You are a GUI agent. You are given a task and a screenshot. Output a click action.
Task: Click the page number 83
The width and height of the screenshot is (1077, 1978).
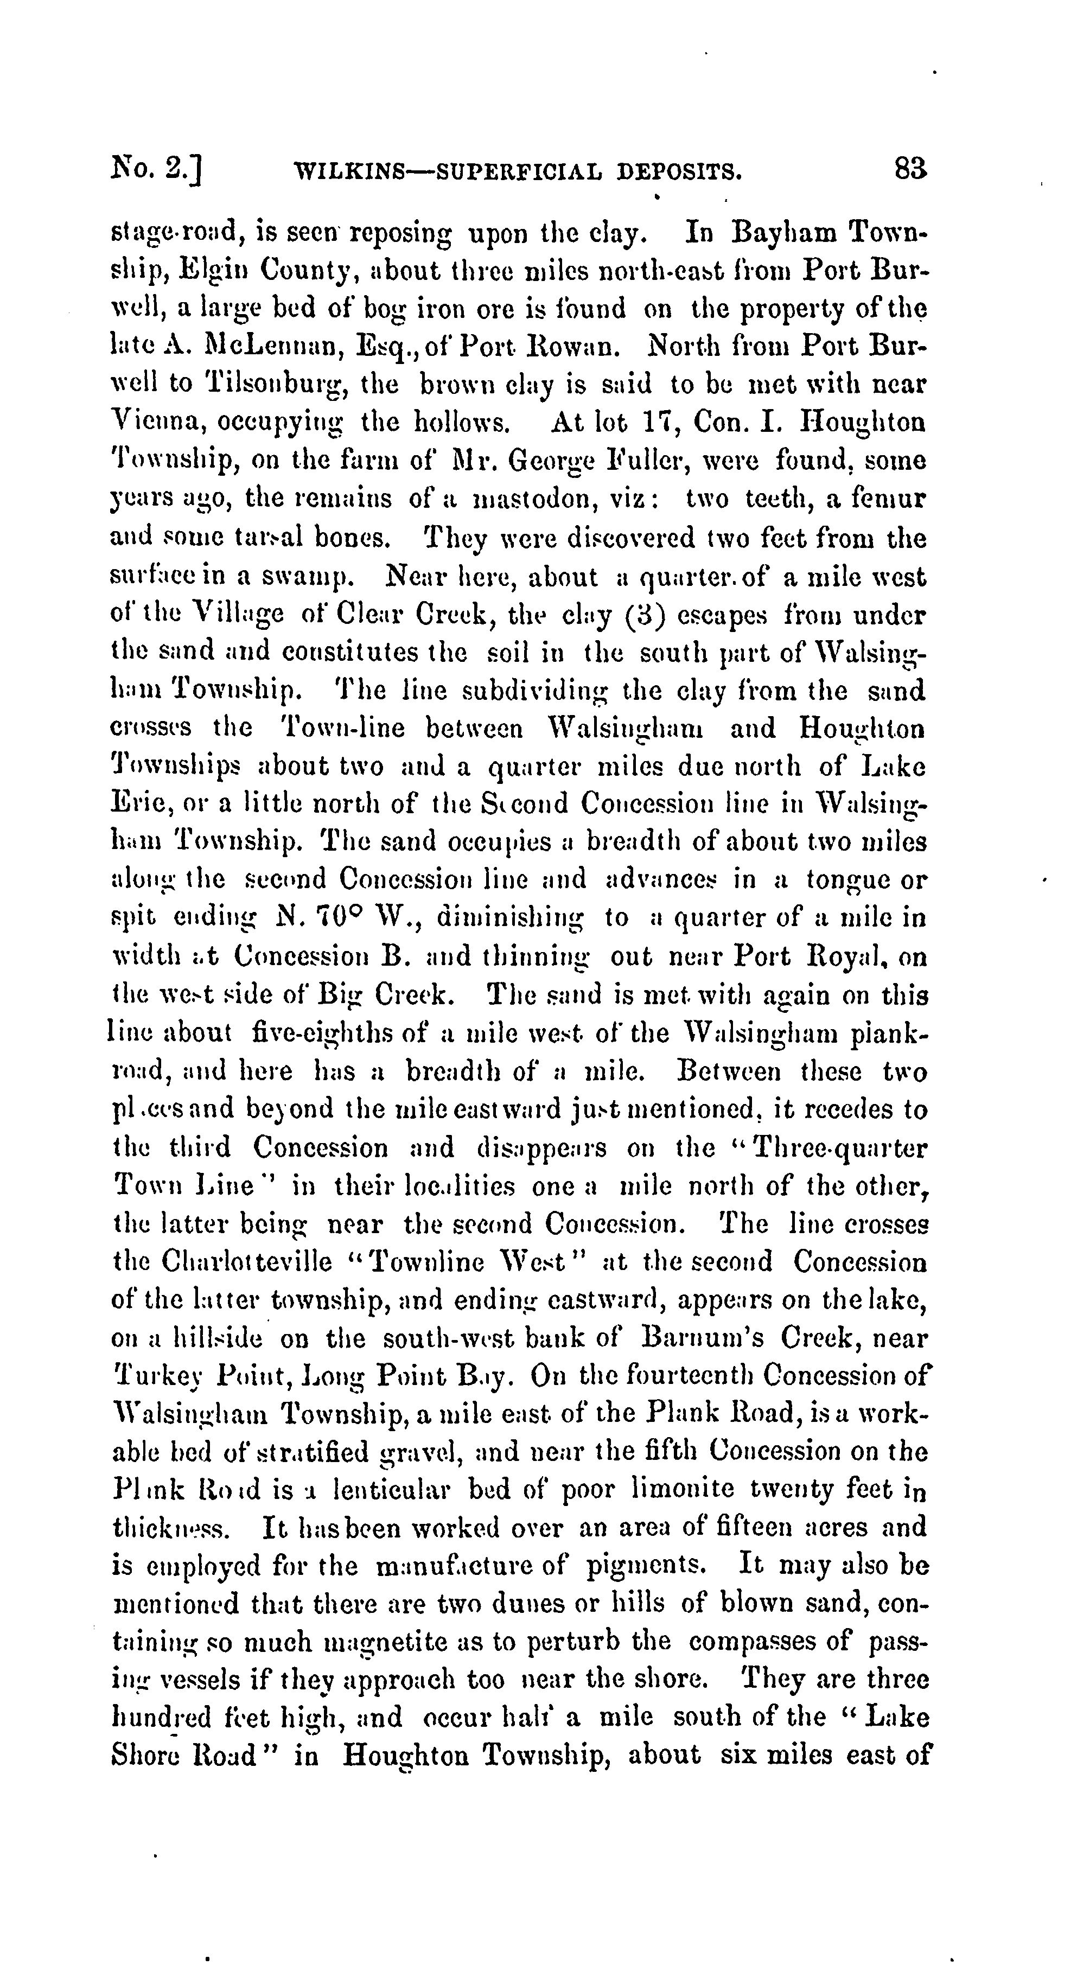910,168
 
